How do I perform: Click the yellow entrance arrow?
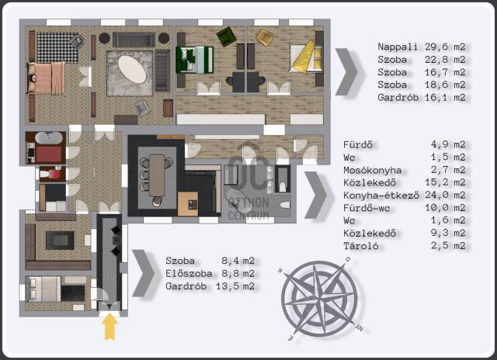(109, 327)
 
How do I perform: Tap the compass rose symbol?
(319, 299)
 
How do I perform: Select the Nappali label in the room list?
(398, 47)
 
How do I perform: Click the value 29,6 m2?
(445, 47)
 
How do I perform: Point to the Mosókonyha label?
(373, 170)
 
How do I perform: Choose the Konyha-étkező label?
(381, 195)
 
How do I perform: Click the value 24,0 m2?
(445, 195)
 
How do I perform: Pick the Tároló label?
(360, 246)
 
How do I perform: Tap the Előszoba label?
(189, 273)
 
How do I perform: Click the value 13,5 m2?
(235, 286)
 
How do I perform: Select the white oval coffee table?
(132, 69)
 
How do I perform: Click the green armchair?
(227, 36)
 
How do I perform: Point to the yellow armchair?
(265, 38)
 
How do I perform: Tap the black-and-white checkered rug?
(57, 47)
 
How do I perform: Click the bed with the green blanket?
(194, 60)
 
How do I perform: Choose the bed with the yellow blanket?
(306, 57)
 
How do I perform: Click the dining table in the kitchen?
(157, 175)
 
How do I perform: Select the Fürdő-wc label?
(367, 208)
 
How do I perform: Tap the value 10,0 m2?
(445, 208)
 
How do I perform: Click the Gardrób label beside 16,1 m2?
(398, 97)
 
